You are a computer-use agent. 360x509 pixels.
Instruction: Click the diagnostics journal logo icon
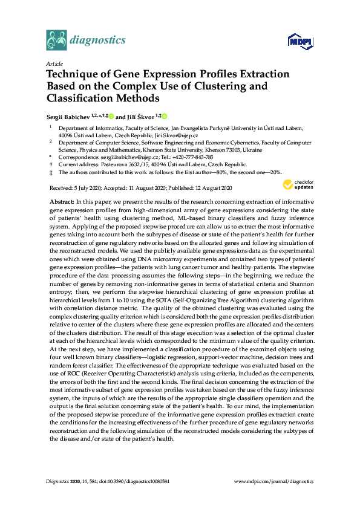(57, 41)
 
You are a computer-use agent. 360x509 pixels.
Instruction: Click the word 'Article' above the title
(53, 63)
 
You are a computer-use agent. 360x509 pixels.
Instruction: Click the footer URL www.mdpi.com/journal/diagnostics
(273, 481)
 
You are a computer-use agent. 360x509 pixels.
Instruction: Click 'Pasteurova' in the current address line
(108, 164)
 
